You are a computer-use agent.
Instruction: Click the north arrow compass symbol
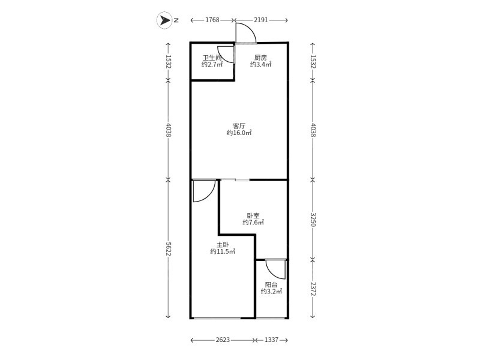164,20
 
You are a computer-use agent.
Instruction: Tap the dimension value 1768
212,20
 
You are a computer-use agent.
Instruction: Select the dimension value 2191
261,20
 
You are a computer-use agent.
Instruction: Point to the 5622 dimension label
168,248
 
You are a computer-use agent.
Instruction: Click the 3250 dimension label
313,219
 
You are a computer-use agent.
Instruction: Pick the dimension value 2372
313,289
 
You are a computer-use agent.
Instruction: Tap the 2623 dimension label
223,340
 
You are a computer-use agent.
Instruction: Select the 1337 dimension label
271,340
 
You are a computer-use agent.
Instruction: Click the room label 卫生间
212,58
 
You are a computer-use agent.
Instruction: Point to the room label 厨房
260,58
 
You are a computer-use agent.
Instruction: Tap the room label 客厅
239,126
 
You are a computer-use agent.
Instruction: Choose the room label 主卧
223,245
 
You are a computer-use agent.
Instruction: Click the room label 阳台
271,284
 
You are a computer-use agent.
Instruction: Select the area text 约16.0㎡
239,133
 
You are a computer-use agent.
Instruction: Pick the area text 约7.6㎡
253,223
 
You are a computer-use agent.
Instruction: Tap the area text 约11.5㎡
223,251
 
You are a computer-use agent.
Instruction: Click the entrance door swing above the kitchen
250,28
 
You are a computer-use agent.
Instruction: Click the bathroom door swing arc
223,58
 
